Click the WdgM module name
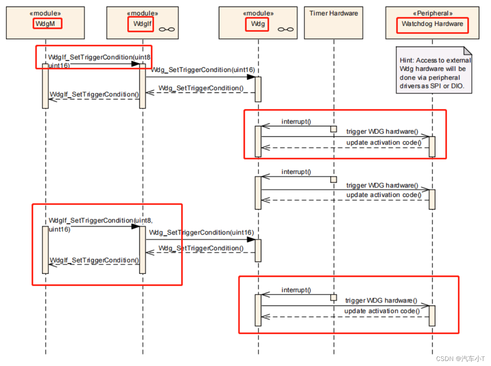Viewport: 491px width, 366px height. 47,23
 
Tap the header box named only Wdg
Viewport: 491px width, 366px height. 258,23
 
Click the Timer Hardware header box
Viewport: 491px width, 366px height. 334,23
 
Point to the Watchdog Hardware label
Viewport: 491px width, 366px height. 432,24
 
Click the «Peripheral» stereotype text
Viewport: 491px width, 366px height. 432,13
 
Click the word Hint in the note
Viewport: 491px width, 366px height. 407,61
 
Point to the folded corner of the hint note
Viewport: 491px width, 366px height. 468,51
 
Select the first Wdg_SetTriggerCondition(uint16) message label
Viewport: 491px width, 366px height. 203,70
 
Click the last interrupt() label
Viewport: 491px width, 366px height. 296,290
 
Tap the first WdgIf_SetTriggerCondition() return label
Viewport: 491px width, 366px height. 94,94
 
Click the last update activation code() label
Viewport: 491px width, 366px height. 382,311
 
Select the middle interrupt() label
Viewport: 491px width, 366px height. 296,172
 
